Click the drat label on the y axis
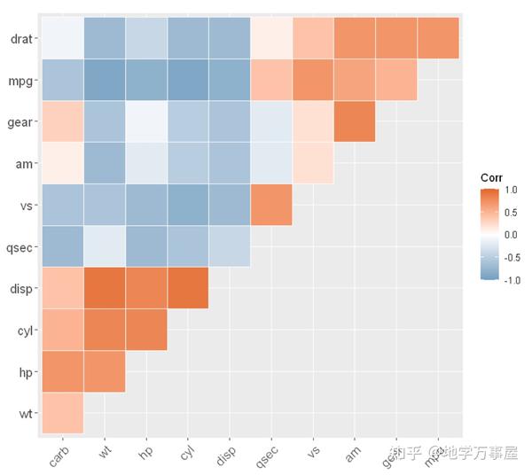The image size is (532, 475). coord(18,38)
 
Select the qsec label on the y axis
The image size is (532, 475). coord(18,246)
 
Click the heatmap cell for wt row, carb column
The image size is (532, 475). coord(62,413)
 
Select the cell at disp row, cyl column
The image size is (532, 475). coord(188,288)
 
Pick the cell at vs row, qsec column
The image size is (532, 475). coord(271,205)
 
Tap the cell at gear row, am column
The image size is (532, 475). coord(355,121)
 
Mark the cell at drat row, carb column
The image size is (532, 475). coord(62,38)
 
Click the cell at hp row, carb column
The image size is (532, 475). coord(62,371)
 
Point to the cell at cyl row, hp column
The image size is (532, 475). coord(146,330)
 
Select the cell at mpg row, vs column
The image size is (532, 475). coord(313,80)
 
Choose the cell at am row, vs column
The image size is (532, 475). coord(313,163)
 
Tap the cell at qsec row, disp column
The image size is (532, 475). coord(230,246)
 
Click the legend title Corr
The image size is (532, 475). coord(492,177)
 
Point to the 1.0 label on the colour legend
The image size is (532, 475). coord(511,190)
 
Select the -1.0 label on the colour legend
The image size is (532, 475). coord(510,280)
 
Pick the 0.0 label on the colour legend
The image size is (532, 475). coord(511,235)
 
